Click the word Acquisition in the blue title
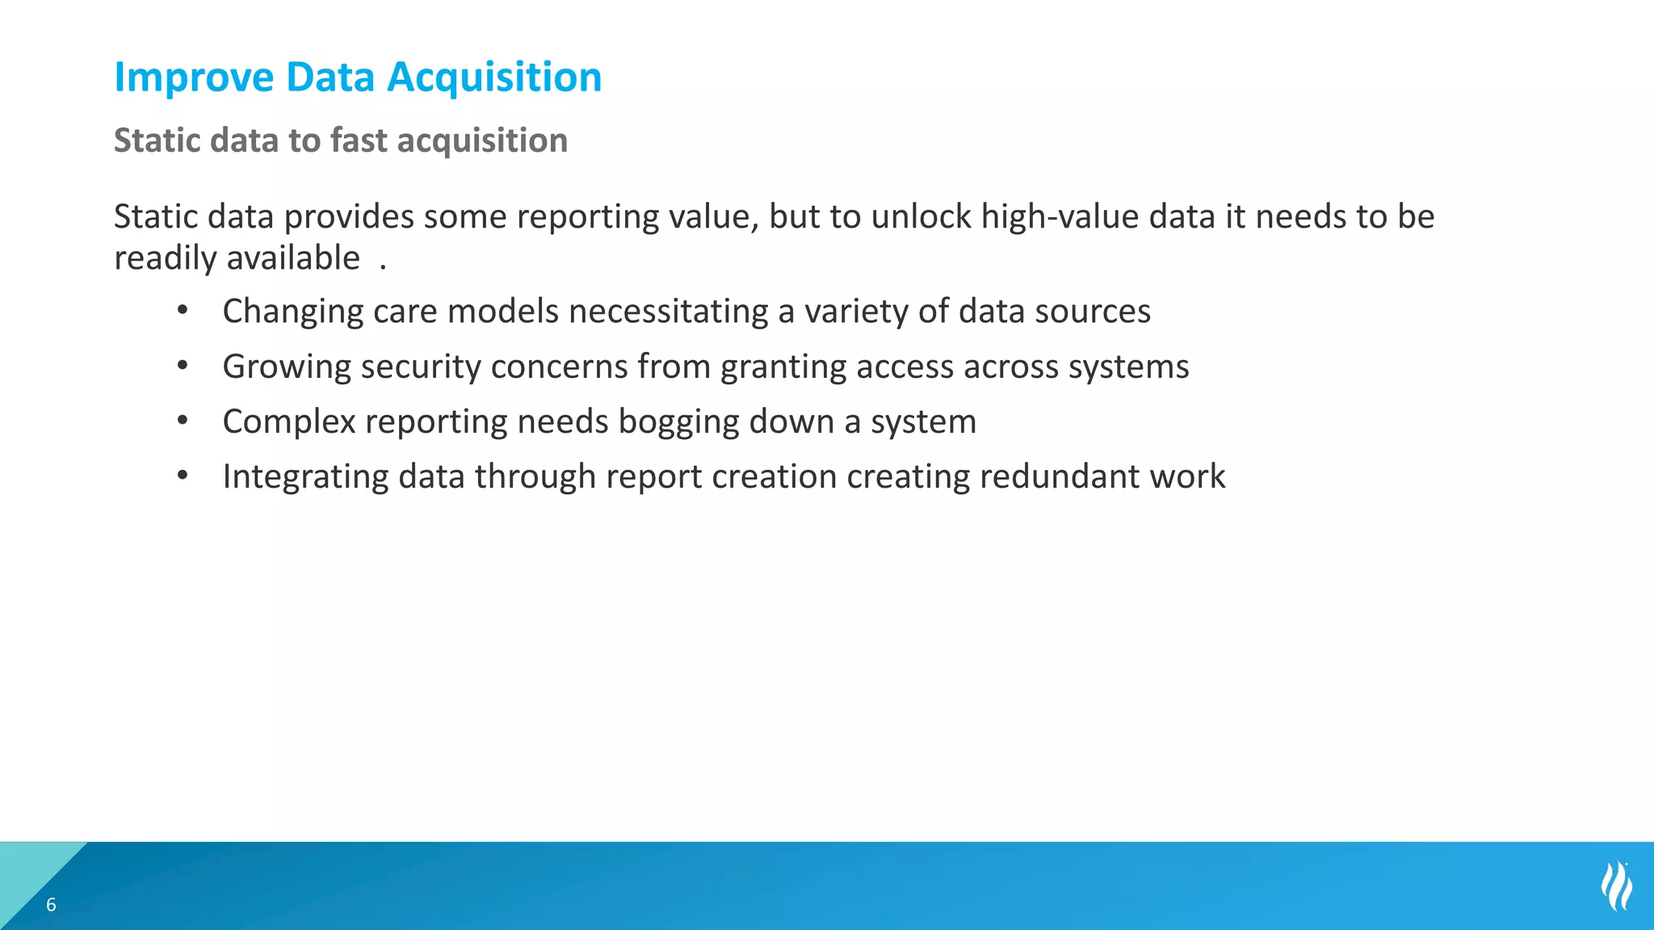click(x=494, y=78)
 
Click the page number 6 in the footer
click(x=51, y=905)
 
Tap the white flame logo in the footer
click(x=1616, y=886)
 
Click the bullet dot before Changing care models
click(x=183, y=311)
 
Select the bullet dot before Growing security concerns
click(x=183, y=367)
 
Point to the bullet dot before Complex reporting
click(x=183, y=421)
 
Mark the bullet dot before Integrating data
click(x=183, y=476)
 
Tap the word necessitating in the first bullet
click(x=668, y=312)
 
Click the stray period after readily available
click(x=383, y=267)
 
